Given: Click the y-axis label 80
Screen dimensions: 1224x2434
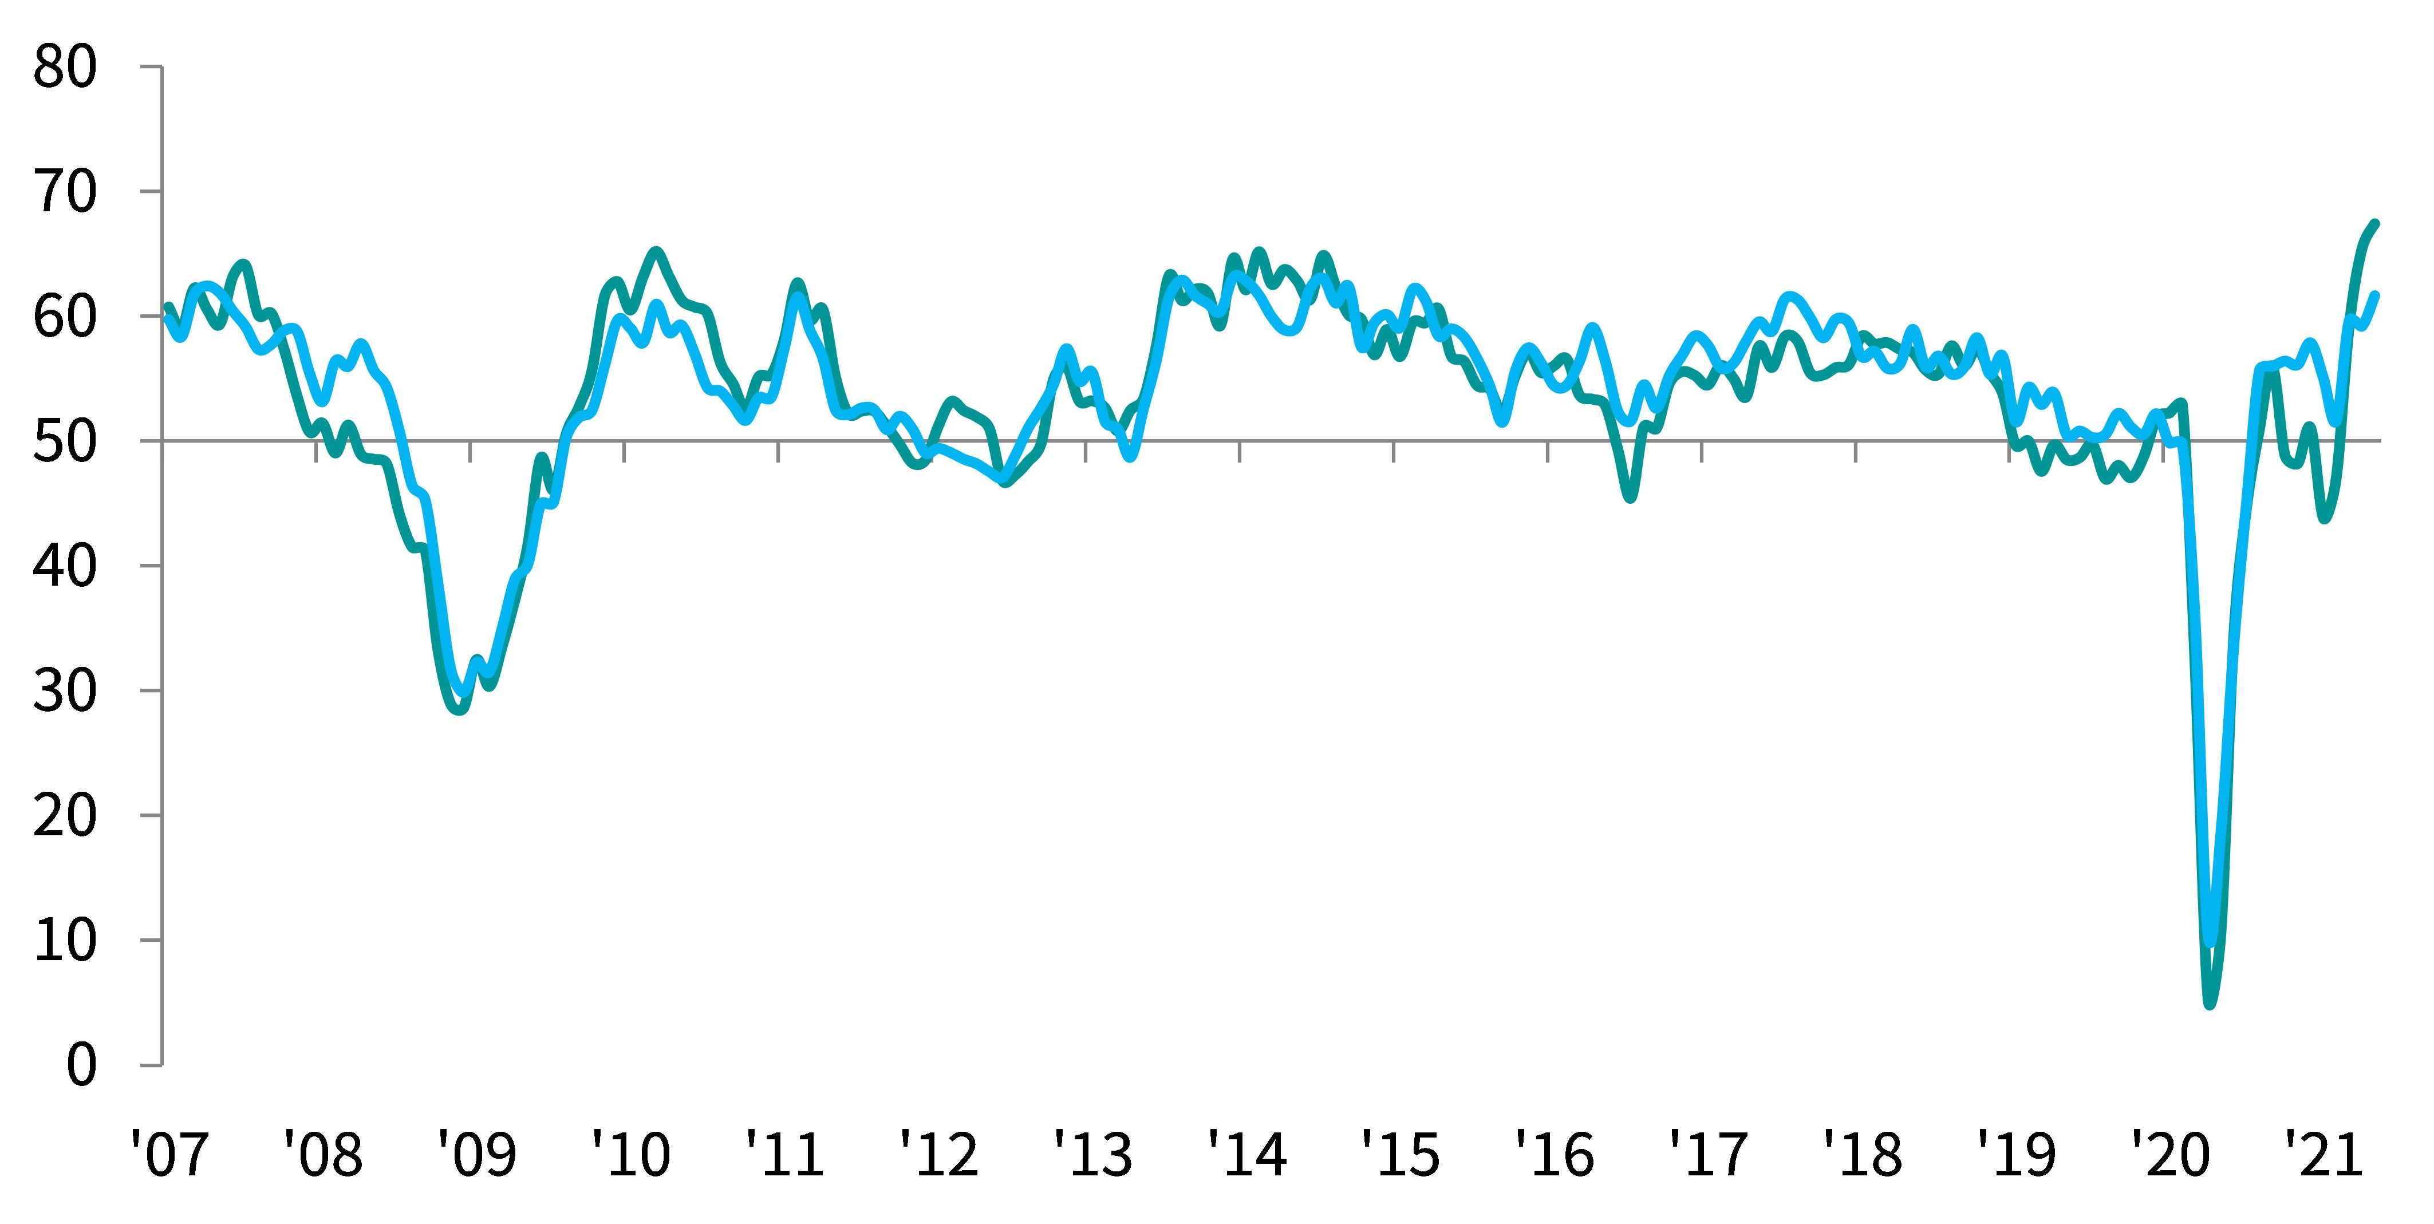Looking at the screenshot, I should tap(64, 68).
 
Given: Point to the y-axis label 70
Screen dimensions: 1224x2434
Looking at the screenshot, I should tap(64, 193).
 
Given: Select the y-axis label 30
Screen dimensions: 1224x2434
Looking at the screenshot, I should tap(64, 692).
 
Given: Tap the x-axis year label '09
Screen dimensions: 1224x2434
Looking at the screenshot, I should tap(476, 1154).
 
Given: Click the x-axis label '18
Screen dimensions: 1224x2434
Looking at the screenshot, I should tap(1863, 1154).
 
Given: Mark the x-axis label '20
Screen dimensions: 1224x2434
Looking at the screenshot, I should tap(2171, 1154).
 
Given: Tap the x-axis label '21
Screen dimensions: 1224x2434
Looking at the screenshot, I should tap(2325, 1154).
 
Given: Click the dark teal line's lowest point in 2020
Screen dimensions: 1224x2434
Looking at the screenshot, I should tap(2209, 1003).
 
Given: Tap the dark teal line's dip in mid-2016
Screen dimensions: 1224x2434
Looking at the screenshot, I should tap(1631, 498).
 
